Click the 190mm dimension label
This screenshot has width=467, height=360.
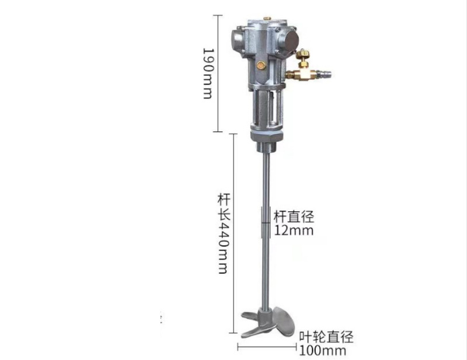pyautogui.click(x=207, y=73)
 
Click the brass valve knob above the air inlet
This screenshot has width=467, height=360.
pyautogui.click(x=303, y=55)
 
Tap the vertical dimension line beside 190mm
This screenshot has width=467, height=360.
pyautogui.click(x=218, y=73)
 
